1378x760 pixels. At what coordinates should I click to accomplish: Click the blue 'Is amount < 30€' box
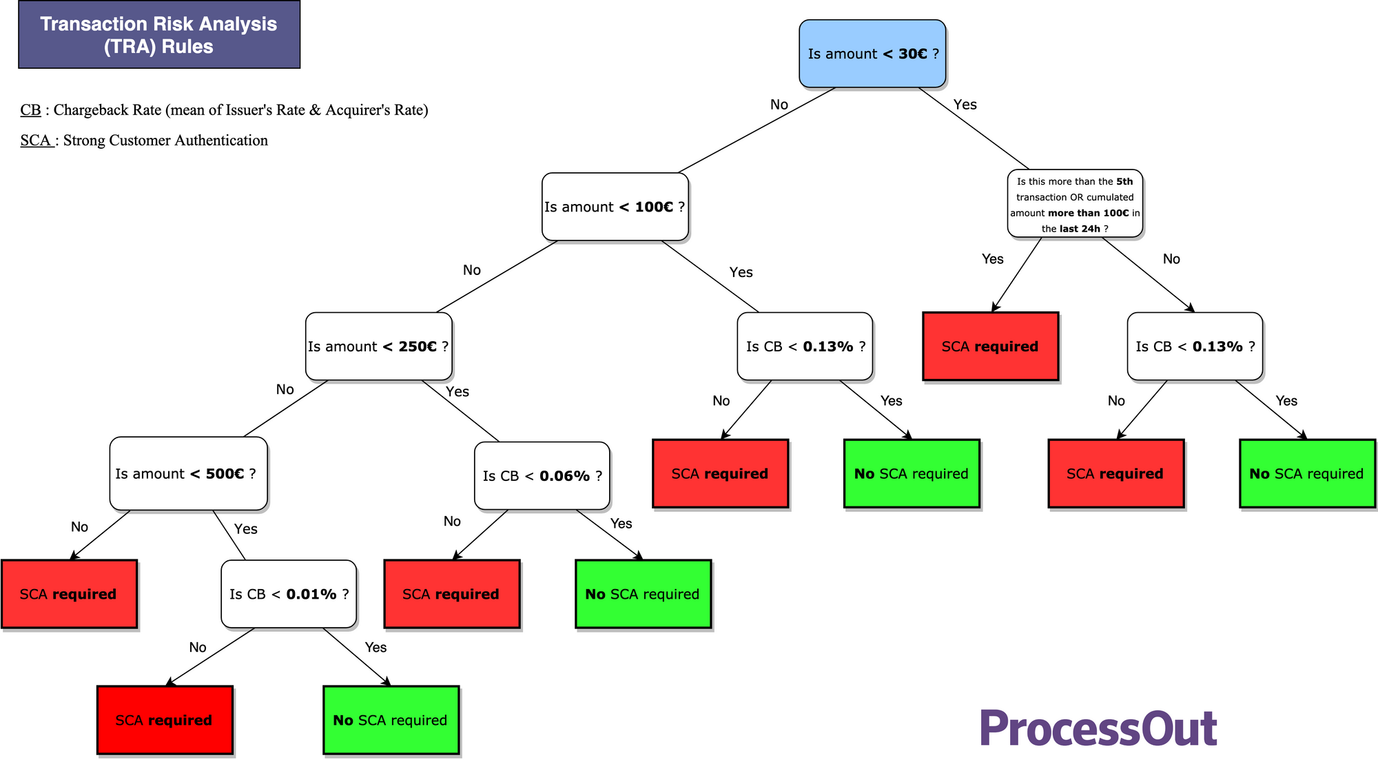pos(872,54)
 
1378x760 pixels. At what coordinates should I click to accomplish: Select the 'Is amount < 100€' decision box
pos(615,207)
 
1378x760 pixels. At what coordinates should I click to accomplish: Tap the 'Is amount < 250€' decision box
pos(378,347)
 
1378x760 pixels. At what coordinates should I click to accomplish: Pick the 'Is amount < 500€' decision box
pos(187,474)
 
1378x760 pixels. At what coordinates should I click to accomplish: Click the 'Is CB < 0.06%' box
pos(542,476)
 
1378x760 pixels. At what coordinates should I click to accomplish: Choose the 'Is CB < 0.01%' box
pos(289,594)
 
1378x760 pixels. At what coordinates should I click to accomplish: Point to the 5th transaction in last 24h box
pos(1075,205)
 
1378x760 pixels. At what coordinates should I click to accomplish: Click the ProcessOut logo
pos(1098,729)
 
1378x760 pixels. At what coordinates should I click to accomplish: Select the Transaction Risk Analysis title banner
pos(159,34)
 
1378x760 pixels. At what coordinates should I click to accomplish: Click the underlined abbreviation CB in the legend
pos(30,110)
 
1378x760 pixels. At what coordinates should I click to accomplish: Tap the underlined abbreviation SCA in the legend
pos(36,141)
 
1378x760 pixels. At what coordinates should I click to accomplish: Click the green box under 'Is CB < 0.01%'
pos(391,720)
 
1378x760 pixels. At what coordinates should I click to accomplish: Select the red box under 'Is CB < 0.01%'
pos(165,720)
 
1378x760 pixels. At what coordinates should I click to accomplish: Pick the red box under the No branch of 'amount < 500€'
pos(69,594)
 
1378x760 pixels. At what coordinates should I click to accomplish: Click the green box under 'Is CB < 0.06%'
pos(643,594)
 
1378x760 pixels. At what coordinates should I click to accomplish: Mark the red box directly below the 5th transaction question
pos(990,347)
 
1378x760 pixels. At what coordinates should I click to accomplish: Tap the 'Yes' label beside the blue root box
pos(965,105)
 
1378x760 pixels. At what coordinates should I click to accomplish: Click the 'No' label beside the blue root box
pos(779,105)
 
